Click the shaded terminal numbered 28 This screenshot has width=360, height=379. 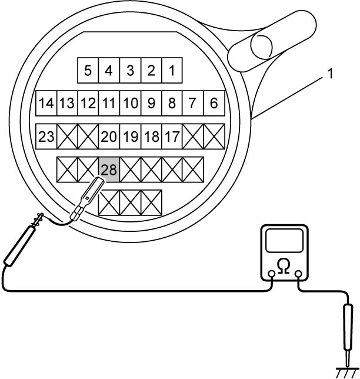coord(109,169)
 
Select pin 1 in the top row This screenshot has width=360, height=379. coord(172,71)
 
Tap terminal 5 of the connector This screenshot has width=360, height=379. coord(88,71)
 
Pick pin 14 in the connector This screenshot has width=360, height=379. coord(46,103)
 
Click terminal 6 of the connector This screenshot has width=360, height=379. coord(214,103)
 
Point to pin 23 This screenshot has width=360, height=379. coord(46,137)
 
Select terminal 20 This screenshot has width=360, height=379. coord(109,137)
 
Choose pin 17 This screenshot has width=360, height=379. coord(172,137)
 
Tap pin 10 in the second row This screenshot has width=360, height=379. coord(131,103)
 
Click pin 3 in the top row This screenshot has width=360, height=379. coord(131,71)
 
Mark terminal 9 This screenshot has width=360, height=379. coord(152,103)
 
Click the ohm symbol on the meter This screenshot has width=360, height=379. coord(284,266)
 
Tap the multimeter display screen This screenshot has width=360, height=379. coord(284,241)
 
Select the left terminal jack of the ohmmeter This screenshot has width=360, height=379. coord(272,274)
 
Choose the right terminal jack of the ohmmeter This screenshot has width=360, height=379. coord(299,274)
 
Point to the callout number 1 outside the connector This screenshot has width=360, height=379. coord(330,74)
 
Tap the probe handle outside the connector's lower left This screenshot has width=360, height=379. coord(20,245)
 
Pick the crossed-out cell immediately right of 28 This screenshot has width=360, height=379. coord(131,169)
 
